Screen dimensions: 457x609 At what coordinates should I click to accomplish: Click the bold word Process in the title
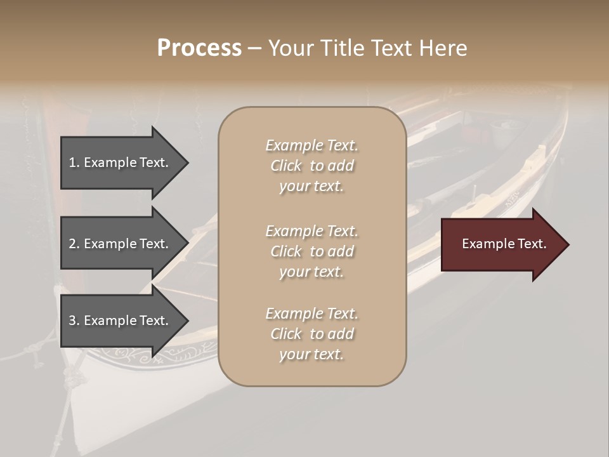199,48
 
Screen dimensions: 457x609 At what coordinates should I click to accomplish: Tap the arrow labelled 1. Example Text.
121,162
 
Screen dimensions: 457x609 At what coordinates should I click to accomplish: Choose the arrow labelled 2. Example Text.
121,244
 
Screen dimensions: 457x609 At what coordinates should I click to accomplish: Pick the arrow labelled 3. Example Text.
121,321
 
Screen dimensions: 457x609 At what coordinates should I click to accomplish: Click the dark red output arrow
501,244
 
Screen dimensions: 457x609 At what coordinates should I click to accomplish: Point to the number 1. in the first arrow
74,162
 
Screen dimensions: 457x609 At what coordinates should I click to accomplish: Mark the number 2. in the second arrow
74,244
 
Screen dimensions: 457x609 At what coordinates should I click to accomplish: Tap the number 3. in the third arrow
74,321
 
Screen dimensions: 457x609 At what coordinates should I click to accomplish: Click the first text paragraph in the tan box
311,166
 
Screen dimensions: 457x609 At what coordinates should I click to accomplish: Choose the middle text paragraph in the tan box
311,251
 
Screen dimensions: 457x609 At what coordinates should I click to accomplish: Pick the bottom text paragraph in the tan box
311,334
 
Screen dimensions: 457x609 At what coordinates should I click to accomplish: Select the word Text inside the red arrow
532,244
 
